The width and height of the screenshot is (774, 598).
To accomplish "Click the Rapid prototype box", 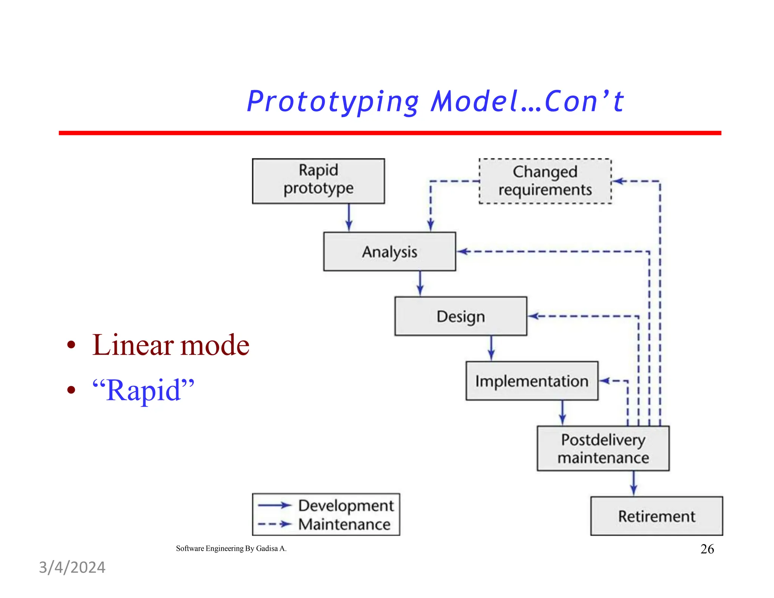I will pos(318,181).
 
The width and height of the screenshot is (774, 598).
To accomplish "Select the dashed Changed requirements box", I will pos(545,181).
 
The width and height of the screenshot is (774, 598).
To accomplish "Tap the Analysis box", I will pos(389,251).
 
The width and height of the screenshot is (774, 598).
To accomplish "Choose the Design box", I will pos(460,316).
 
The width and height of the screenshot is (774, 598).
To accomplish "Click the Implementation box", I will pos(532,381).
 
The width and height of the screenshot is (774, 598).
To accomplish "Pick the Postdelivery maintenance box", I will pos(603,448).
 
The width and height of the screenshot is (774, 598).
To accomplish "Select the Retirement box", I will pos(656,516).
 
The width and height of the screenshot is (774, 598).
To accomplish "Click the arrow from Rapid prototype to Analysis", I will pos(349,217).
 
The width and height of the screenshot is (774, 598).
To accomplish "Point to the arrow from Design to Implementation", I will pos(491,348).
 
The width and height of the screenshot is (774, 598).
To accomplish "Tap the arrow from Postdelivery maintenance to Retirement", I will pos(634,483).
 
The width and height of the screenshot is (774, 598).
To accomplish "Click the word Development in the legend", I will pos(346,505).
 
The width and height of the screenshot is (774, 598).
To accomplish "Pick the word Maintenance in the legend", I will pos(344,524).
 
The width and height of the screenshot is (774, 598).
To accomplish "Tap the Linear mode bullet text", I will pos(170,345).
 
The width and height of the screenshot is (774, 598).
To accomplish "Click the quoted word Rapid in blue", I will pos(143,390).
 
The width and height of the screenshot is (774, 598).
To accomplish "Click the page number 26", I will pos(707,549).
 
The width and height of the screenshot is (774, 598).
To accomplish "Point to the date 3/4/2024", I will pos(72,567).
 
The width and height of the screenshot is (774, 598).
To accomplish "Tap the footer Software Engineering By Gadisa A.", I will pos(231,548).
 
